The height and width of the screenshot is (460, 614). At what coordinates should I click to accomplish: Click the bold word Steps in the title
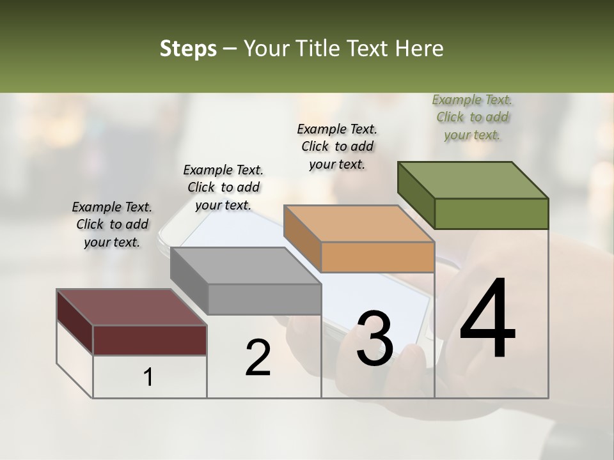[x=188, y=49]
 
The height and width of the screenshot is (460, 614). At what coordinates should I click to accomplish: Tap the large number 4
[x=487, y=319]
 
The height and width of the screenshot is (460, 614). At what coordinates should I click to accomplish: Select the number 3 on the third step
[x=375, y=339]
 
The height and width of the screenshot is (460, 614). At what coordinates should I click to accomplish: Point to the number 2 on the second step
[x=258, y=358]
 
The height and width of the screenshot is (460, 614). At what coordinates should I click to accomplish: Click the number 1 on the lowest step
[x=148, y=378]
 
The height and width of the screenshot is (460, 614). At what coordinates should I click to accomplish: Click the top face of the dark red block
[x=132, y=307]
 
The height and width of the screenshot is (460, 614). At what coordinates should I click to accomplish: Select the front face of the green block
[x=491, y=213]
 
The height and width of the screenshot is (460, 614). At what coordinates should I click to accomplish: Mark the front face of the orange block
[x=377, y=257]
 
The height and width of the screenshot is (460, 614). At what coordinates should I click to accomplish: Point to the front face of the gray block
[x=264, y=299]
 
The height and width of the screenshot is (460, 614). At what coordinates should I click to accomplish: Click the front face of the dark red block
[x=150, y=340]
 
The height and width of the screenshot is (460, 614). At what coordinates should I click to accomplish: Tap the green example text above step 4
[x=472, y=117]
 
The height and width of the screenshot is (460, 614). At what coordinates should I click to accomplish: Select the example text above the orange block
[x=337, y=146]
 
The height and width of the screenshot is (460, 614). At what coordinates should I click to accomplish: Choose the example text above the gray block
[x=223, y=187]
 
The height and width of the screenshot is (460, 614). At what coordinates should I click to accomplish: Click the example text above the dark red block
[x=112, y=224]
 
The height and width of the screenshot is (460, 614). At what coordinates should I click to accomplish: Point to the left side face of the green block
[x=416, y=195]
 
